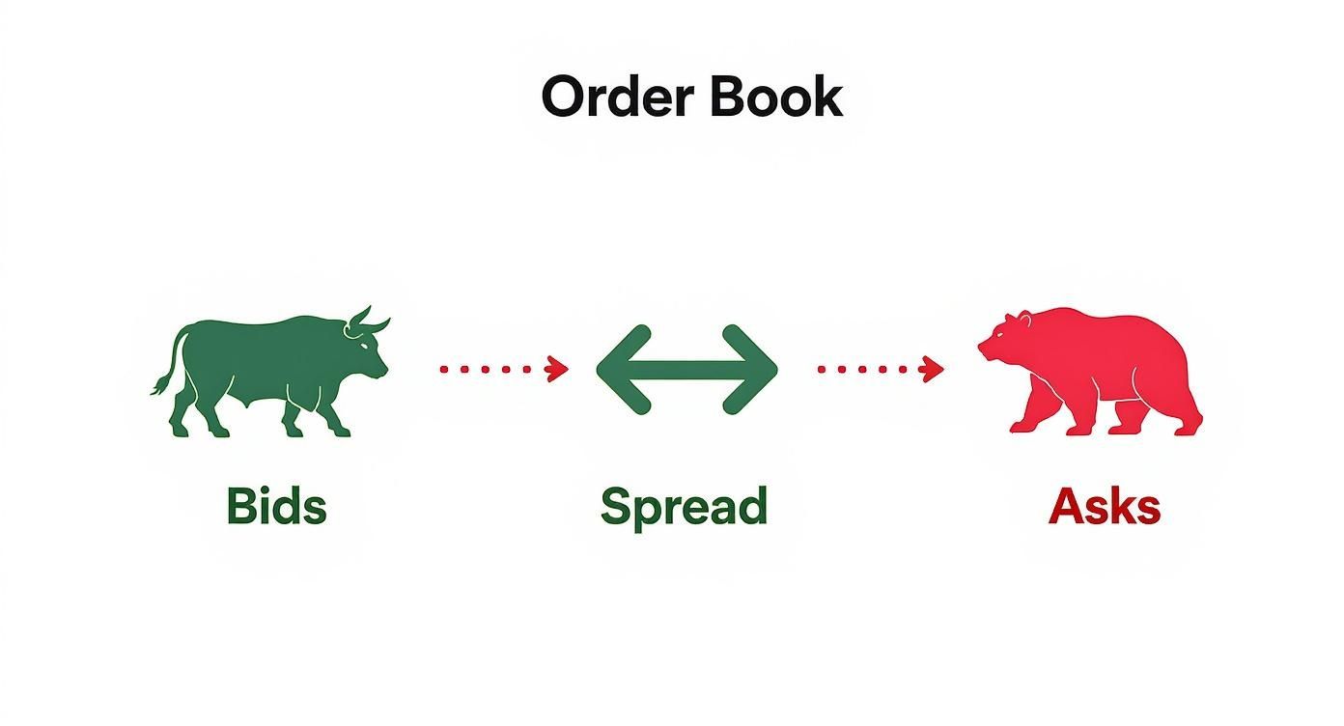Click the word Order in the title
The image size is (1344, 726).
(615, 97)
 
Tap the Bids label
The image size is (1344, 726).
(276, 506)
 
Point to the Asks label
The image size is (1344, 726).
(1104, 506)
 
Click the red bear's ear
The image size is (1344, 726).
(1013, 318)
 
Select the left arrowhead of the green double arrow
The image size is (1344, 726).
(618, 370)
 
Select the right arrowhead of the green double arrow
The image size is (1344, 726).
(756, 370)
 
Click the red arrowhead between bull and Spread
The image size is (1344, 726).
(557, 369)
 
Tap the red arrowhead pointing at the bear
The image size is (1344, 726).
(933, 369)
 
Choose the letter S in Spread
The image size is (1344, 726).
(615, 506)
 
